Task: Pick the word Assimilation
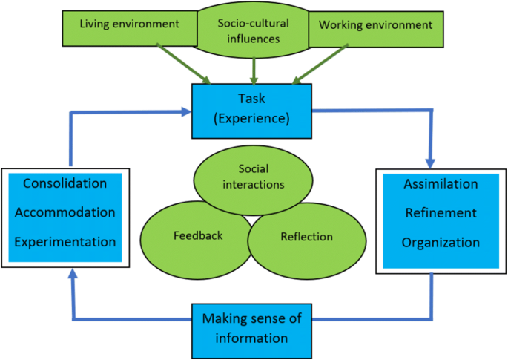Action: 441,184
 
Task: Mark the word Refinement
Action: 441,213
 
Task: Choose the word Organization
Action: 441,243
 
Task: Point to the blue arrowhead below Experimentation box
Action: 72,275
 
